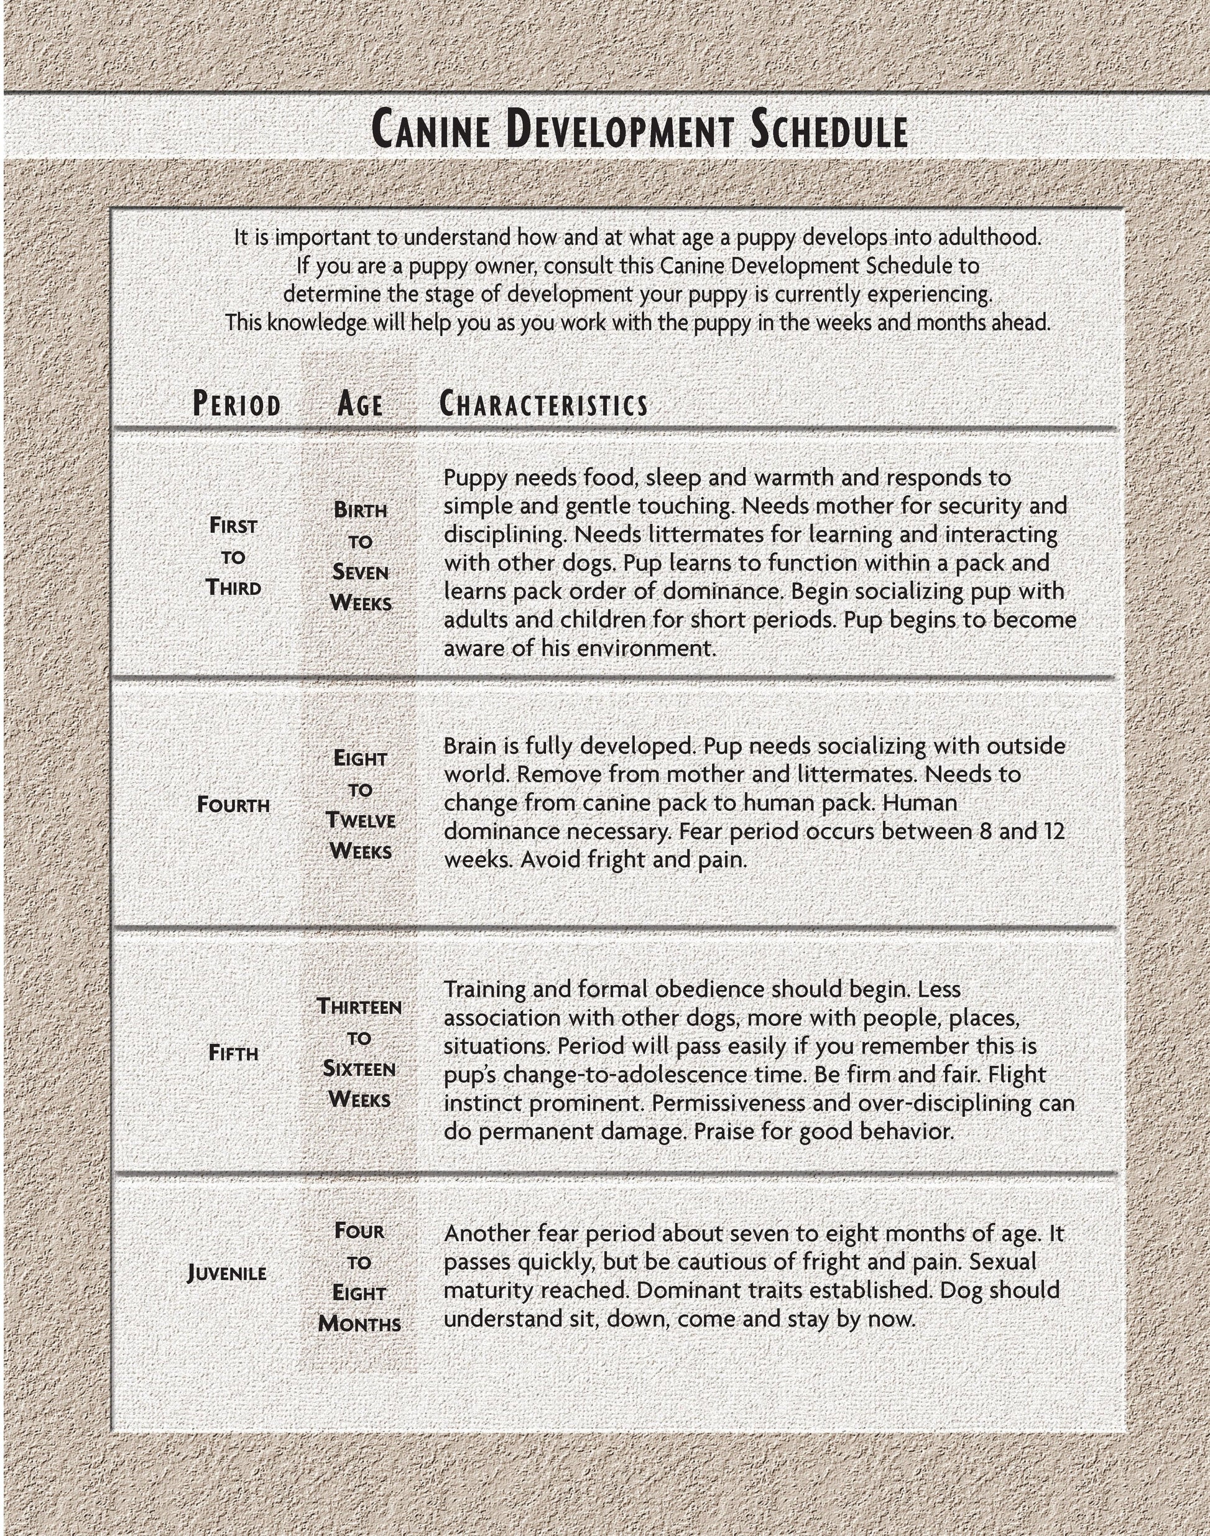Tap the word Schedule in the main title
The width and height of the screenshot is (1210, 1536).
tap(828, 129)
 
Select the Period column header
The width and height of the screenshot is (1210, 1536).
tap(237, 405)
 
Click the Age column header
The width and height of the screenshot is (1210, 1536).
tap(360, 405)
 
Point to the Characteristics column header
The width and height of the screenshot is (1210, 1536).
tap(543, 405)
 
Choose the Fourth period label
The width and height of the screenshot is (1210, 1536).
tap(233, 805)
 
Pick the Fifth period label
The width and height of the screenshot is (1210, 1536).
tap(233, 1053)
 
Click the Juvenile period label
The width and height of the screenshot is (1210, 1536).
tap(227, 1273)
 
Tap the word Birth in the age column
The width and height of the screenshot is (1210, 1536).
tap(360, 510)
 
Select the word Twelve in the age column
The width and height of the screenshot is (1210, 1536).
tap(360, 820)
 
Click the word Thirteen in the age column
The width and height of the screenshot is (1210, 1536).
tap(359, 1007)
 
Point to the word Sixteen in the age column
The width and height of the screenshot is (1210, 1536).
tap(359, 1068)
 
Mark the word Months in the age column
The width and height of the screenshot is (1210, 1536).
tap(359, 1323)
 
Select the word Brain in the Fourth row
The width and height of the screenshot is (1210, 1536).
tap(473, 746)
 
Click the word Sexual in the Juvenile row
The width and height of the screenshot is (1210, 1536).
tap(1002, 1262)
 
